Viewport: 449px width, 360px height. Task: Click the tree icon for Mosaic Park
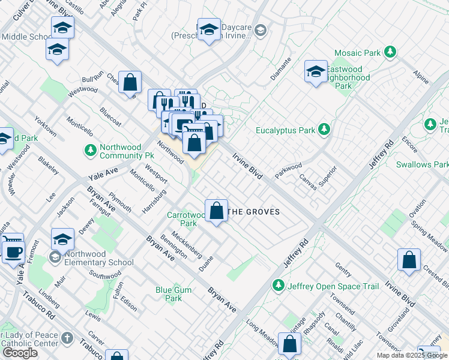pos(390,53)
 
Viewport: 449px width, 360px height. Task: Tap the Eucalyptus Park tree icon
pos(324,130)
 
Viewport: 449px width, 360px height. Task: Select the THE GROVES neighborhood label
pos(255,212)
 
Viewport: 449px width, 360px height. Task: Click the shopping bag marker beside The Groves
pos(216,211)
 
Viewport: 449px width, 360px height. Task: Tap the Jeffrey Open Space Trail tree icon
pos(278,285)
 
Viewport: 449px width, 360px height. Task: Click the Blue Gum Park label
pos(169,294)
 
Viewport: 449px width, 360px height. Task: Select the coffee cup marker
pos(13,251)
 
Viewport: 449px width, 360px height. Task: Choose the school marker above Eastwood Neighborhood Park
pos(315,73)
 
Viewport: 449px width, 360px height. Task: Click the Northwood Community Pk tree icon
pos(90,149)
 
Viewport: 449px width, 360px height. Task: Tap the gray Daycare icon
pos(260,29)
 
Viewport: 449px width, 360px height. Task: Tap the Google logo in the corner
pos(20,352)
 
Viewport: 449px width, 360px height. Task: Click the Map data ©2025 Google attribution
pos(412,355)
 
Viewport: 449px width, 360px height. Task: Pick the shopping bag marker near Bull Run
pos(130,82)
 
